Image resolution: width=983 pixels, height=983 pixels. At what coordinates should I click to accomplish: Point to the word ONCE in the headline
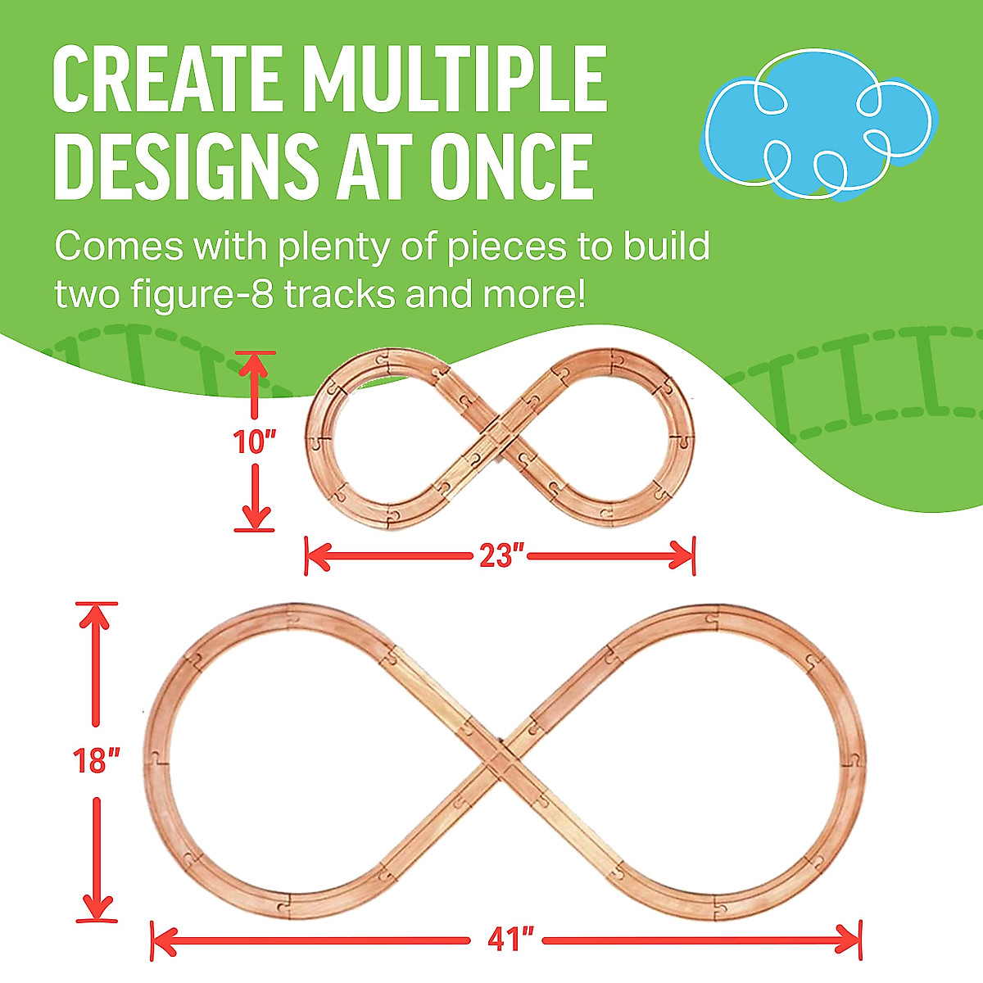click(x=511, y=166)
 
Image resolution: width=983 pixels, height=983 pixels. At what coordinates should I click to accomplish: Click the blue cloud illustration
click(x=818, y=125)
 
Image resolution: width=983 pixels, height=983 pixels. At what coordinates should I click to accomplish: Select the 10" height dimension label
click(x=255, y=442)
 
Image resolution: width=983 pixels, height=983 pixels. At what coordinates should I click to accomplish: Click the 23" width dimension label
click(x=501, y=556)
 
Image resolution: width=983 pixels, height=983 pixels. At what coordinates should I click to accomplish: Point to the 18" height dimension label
click(x=96, y=760)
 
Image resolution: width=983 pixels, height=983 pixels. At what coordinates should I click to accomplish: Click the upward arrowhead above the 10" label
click(x=253, y=365)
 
